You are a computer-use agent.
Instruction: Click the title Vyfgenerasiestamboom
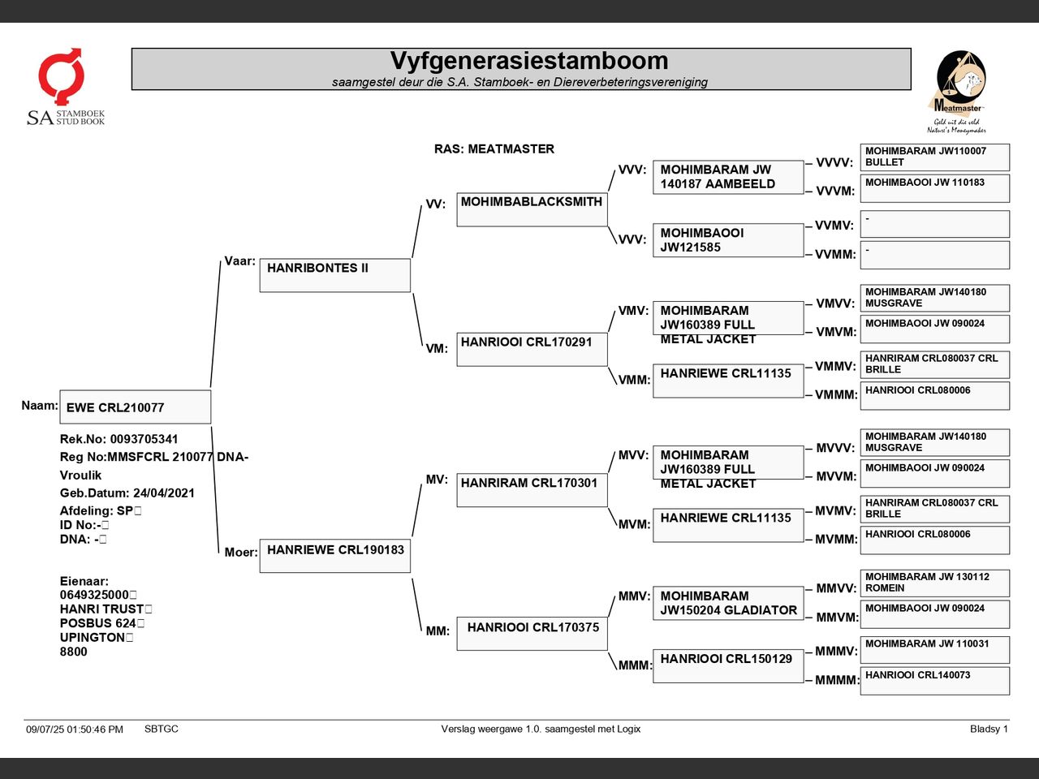[528, 62]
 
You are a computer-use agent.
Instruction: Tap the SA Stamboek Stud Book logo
[65, 88]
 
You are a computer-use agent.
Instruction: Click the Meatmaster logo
[958, 91]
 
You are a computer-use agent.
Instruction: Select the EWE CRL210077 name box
[135, 407]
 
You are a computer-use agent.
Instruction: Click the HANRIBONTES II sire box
[334, 275]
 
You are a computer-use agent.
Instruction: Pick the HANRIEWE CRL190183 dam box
[334, 556]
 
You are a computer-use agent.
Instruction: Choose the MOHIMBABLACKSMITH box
[532, 209]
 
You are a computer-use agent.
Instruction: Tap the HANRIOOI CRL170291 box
[532, 349]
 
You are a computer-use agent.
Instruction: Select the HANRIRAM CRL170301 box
[532, 489]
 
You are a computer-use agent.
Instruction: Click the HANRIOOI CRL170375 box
[532, 633]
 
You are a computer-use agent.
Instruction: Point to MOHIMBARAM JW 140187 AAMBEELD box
[727, 177]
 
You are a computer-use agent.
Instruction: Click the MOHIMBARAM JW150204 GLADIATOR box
[727, 603]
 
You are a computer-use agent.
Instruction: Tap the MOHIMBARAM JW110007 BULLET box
[934, 157]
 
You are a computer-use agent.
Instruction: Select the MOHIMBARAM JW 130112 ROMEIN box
[934, 583]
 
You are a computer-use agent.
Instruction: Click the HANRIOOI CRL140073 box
[934, 681]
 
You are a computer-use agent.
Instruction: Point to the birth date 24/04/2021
[163, 493]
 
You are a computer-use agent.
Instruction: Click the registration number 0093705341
[144, 439]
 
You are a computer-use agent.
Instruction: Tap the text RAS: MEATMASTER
[494, 149]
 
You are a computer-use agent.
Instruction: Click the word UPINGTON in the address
[92, 637]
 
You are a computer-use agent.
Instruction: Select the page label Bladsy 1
[988, 729]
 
